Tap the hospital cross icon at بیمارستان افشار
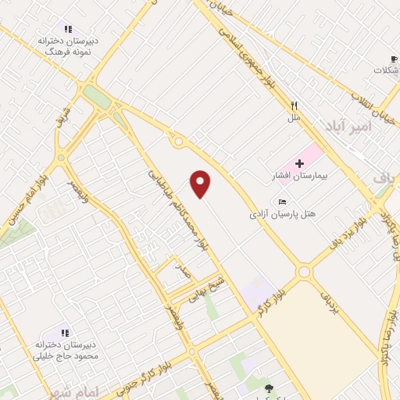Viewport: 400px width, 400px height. click(x=300, y=163)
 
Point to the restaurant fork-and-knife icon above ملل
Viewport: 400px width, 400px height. click(x=294, y=105)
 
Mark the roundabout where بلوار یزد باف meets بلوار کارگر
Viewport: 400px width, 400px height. click(x=303, y=272)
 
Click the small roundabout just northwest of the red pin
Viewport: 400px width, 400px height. click(x=179, y=142)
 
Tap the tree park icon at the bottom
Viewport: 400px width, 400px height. click(x=269, y=388)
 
